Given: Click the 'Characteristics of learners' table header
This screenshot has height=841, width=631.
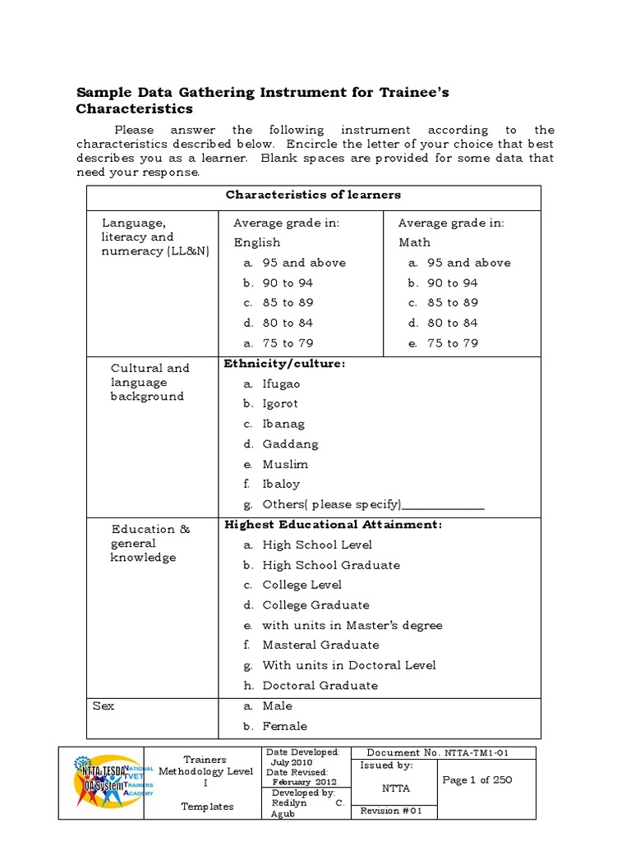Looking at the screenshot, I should point(313,195).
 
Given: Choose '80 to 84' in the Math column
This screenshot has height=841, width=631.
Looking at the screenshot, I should point(451,323).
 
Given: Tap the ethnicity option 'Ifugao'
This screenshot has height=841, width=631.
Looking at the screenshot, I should point(281,384).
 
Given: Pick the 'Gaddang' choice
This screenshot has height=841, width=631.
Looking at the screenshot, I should point(290,443).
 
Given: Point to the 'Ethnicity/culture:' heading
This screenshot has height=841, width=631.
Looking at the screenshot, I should point(284,363).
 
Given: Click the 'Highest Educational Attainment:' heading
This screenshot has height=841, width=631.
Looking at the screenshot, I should point(333,524).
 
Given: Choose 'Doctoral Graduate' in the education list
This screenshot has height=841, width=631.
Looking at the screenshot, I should point(320,685).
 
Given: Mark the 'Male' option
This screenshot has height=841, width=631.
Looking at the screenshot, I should point(277,705).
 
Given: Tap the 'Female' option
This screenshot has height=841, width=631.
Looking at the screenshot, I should point(284,726).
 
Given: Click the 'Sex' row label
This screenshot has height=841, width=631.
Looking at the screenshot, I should point(104,705).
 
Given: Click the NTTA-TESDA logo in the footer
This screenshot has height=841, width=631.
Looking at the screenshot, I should point(102,783).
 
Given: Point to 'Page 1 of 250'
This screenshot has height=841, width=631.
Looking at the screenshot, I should point(477,780).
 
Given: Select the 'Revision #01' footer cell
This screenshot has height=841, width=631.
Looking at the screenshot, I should point(391,811).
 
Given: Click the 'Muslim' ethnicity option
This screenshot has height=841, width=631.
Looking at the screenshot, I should point(285,464).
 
